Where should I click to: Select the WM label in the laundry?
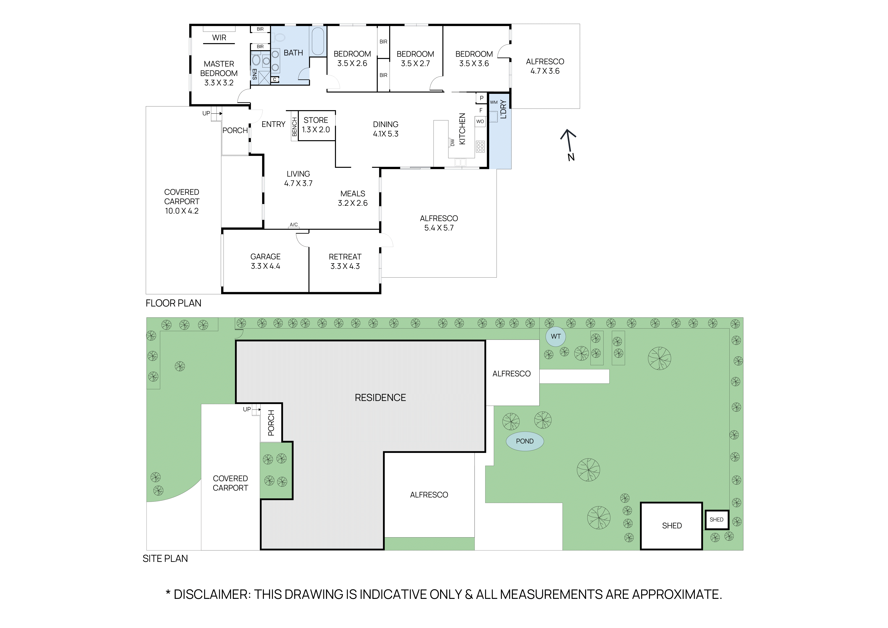pos(494,102)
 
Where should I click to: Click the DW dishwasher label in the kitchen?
pos(452,142)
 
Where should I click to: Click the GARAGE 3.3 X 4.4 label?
pos(265,261)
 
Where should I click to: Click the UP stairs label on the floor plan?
pos(206,113)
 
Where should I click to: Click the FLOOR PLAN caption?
pos(173,303)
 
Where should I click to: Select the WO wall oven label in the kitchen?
pos(480,121)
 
